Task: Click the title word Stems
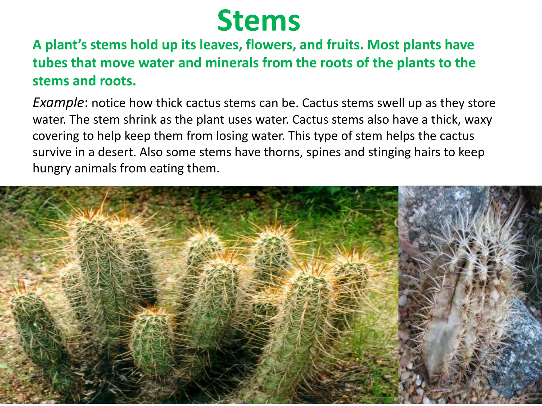pos(259,21)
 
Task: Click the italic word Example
pos(58,103)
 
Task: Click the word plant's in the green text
pos(66,45)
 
